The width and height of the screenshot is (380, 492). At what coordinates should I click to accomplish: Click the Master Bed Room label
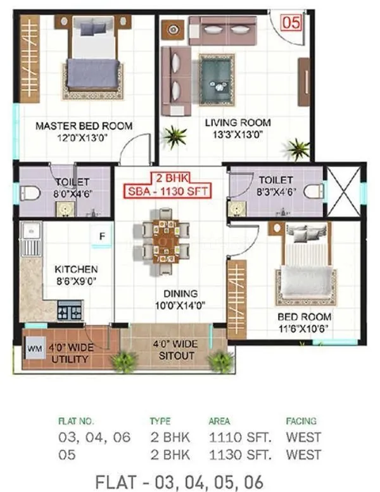(x=84, y=126)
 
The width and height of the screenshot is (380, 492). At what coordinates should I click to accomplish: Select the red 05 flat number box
(x=291, y=23)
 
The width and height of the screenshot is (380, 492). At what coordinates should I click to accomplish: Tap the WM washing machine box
(x=34, y=348)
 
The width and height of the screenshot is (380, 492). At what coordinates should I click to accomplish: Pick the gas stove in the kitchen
(x=70, y=311)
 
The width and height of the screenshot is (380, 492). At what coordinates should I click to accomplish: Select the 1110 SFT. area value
(x=231, y=437)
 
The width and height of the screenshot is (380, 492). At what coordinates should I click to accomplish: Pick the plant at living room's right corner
(x=298, y=150)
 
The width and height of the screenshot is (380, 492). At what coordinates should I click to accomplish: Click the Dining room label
(x=180, y=293)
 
